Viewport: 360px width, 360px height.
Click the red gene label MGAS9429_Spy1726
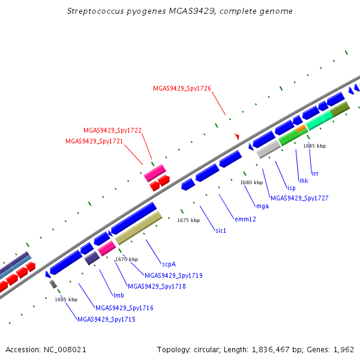click(182, 88)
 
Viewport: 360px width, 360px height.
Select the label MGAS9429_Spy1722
click(113, 130)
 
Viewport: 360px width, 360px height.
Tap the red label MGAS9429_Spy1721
click(94, 141)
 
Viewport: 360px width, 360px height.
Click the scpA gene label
click(169, 264)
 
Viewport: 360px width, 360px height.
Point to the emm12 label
click(245, 219)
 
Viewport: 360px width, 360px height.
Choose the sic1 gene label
click(221, 230)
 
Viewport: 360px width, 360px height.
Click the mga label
click(262, 206)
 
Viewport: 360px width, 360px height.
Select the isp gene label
click(292, 188)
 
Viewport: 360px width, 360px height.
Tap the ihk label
click(304, 181)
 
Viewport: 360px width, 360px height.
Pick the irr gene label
click(315, 173)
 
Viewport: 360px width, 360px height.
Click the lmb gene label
click(119, 295)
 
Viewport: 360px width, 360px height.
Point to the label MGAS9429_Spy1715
click(107, 319)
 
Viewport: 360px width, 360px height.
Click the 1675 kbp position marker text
click(188, 220)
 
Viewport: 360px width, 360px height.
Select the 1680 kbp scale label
click(251, 182)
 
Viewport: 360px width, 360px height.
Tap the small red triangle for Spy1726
click(237, 136)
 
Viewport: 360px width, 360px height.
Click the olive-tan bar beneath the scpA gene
click(139, 228)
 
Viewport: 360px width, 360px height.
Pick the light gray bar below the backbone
click(269, 149)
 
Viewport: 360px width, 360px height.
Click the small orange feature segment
click(301, 128)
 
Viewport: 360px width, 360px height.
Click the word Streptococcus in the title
click(95, 11)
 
